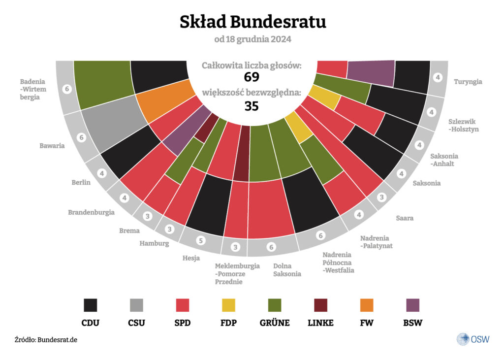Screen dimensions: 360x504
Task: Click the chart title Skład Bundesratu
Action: click(x=252, y=22)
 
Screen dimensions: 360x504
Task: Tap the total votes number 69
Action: click(x=252, y=77)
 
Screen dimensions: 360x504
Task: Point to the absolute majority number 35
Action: click(x=252, y=106)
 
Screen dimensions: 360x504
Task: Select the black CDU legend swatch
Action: click(x=91, y=305)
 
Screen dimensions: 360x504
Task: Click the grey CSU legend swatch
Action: click(x=137, y=305)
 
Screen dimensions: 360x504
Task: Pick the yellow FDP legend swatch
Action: click(x=228, y=305)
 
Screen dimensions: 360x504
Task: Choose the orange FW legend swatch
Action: click(x=366, y=305)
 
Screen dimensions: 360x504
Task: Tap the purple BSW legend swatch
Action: click(x=412, y=305)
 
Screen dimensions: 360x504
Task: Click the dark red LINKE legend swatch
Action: click(x=320, y=305)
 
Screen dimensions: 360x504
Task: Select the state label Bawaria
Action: click(x=52, y=146)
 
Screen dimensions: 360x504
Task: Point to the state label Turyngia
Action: click(x=468, y=82)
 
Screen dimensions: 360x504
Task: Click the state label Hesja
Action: click(x=191, y=257)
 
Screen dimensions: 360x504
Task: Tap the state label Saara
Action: click(x=405, y=218)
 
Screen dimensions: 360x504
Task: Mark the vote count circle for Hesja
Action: click(x=200, y=241)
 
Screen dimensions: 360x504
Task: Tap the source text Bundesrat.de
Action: click(x=57, y=340)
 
